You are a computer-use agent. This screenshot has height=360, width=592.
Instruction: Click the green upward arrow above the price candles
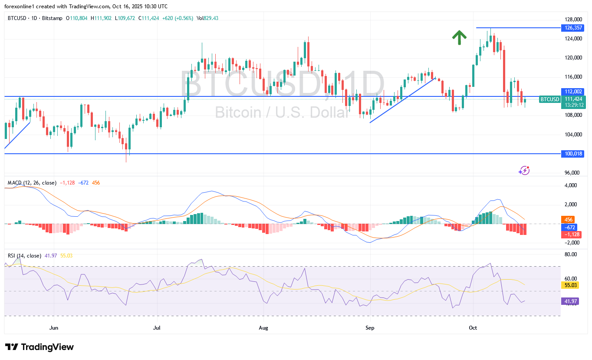point(459,37)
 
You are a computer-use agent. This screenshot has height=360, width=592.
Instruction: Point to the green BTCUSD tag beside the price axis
point(549,99)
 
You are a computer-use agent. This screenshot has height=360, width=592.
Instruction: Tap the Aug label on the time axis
point(263,328)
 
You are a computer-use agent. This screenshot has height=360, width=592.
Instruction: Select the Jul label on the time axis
point(157,328)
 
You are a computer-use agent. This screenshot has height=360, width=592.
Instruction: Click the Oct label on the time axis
point(473,328)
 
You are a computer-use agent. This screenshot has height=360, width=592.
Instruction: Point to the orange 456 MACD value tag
point(568,220)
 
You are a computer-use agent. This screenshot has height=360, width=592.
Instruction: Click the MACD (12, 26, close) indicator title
point(32,183)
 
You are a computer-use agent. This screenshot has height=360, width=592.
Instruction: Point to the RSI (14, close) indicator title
point(24,256)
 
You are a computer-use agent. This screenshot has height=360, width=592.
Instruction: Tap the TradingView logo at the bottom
point(39,347)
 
